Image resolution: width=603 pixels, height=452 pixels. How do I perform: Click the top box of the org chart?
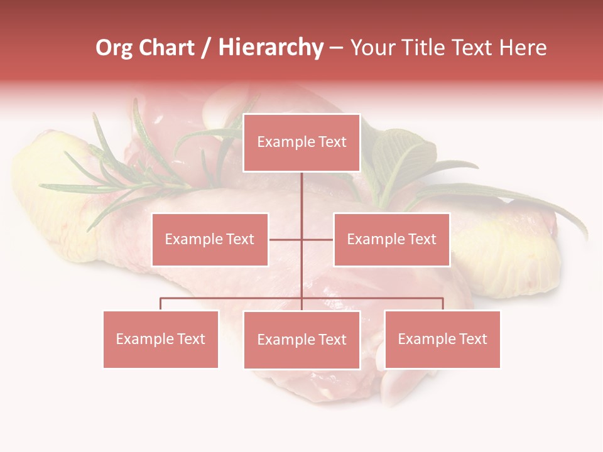(x=301, y=143)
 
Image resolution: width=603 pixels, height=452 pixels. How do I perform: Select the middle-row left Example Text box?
(x=210, y=239)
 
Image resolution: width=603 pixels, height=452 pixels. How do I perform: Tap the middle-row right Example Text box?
(x=391, y=239)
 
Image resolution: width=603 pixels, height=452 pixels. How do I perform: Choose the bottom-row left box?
(x=161, y=339)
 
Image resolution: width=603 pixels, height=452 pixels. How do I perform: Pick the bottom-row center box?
(x=301, y=340)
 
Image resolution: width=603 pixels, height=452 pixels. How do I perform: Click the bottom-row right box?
(x=442, y=339)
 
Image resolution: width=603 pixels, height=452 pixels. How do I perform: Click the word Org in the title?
(x=114, y=48)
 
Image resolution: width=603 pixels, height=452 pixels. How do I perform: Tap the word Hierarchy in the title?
(x=271, y=48)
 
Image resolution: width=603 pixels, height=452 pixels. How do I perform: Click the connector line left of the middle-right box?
(x=318, y=239)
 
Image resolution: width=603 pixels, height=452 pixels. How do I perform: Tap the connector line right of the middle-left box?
(x=285, y=239)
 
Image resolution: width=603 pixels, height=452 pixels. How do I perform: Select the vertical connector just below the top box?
(x=301, y=188)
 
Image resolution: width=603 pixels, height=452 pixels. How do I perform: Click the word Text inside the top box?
(x=331, y=143)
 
